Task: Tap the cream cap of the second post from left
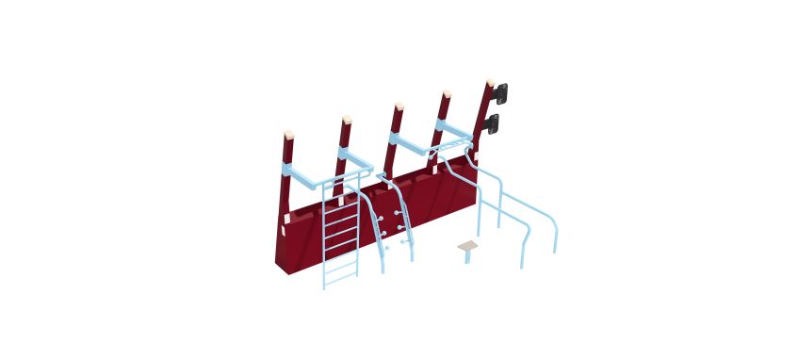346,120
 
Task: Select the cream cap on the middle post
399,106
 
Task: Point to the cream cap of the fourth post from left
446,94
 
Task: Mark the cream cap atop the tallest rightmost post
489,83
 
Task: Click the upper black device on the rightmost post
502,92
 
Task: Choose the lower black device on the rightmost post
494,123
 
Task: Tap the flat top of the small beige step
468,246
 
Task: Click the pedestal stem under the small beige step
467,257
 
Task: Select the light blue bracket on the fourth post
451,127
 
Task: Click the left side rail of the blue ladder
324,236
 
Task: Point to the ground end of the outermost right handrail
555,251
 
